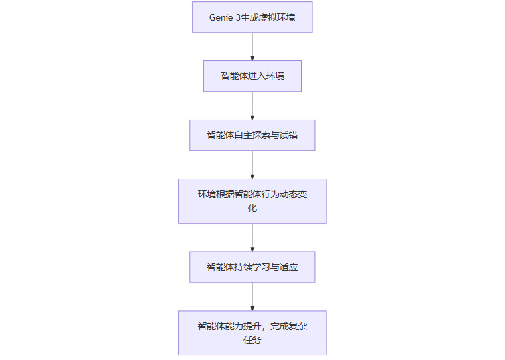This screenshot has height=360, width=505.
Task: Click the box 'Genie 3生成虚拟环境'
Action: pos(252,17)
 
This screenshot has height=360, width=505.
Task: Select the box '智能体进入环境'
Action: pos(252,76)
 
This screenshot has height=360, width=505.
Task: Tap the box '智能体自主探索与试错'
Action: pos(252,135)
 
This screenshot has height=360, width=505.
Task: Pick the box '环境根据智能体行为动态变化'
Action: pos(252,201)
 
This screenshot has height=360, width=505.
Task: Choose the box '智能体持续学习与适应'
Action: pos(252,267)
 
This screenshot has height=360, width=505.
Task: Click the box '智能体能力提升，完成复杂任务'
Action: pos(252,333)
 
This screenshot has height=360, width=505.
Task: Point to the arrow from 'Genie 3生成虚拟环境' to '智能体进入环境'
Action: pos(252,46)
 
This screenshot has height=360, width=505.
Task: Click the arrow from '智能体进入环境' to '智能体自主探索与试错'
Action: pos(252,105)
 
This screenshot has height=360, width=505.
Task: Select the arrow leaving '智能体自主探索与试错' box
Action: pos(252,164)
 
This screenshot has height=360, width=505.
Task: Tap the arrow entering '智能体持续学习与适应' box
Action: pos(252,237)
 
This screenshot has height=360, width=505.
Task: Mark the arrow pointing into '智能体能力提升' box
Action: pos(252,296)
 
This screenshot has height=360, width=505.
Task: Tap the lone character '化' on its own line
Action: pos(252,208)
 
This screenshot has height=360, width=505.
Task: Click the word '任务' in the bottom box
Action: pos(252,340)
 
